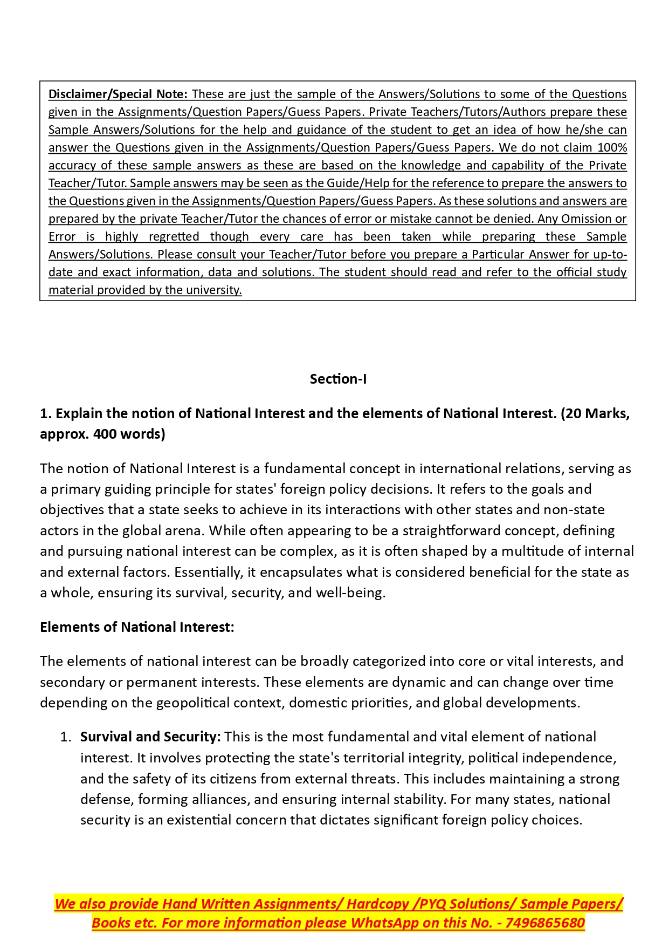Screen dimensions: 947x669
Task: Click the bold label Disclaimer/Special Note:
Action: pyautogui.click(x=118, y=94)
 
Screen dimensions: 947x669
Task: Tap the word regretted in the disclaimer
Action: pyautogui.click(x=174, y=236)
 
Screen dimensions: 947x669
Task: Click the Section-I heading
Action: pyautogui.click(x=338, y=379)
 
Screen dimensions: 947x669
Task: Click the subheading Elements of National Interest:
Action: pyautogui.click(x=137, y=627)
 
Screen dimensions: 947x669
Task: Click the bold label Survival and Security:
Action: pyautogui.click(x=150, y=737)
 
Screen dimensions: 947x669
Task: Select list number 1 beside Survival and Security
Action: pyautogui.click(x=65, y=737)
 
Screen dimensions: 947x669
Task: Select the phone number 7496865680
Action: pyautogui.click(x=545, y=923)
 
